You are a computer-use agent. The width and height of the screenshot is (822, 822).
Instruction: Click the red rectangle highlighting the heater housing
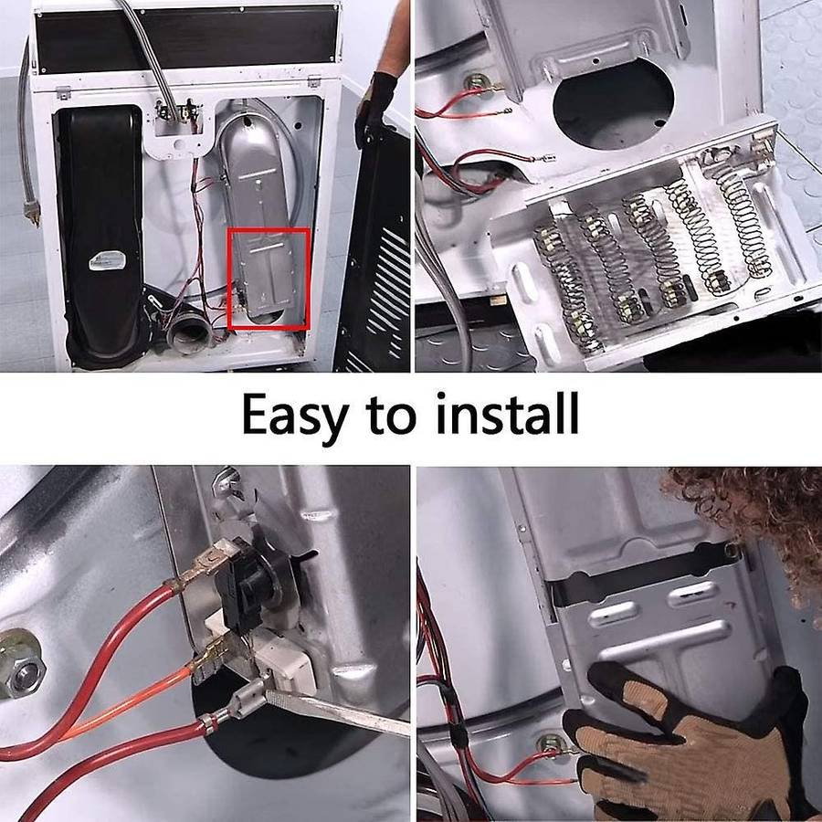point(269,279)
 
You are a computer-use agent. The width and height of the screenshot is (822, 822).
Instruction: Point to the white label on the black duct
point(108,260)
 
